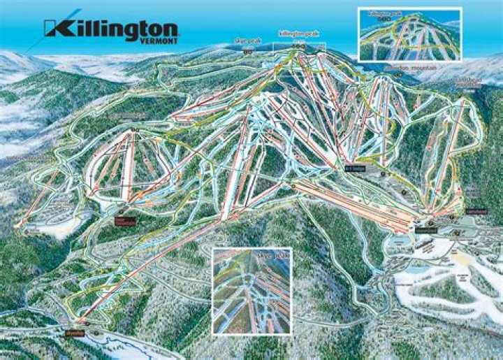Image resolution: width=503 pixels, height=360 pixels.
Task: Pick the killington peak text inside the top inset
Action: tap(377, 13)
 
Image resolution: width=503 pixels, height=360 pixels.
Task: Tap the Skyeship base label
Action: tap(73, 325)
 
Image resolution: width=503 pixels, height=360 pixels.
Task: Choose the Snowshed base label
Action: tap(424, 229)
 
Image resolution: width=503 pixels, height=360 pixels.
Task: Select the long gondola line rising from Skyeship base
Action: tap(154, 266)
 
